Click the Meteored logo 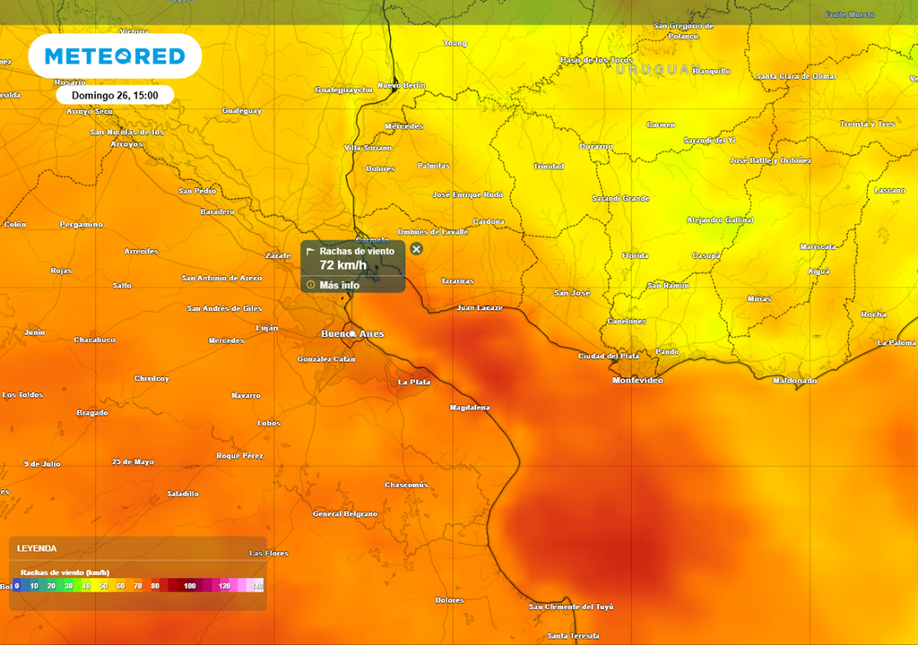tap(115, 56)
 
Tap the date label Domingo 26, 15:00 tap(115, 95)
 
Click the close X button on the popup tap(416, 249)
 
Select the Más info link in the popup tap(339, 285)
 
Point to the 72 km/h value tap(342, 265)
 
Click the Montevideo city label tap(637, 381)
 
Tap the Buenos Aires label tap(352, 334)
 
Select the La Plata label tap(414, 383)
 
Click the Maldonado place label tap(794, 381)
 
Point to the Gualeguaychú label tap(343, 90)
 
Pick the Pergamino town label tap(81, 224)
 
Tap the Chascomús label tap(406, 485)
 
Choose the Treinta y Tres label tap(867, 125)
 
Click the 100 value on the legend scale tap(190, 585)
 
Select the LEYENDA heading tap(37, 547)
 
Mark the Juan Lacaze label tap(479, 307)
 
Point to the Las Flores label tap(269, 553)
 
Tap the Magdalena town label tap(470, 408)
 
